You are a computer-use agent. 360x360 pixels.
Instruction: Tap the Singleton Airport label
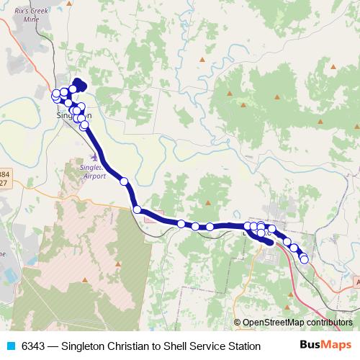pyautogui.click(x=89, y=170)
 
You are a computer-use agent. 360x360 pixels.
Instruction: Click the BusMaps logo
pyautogui.click(x=328, y=346)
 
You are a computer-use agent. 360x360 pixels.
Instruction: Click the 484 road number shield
pyautogui.click(x=6, y=174)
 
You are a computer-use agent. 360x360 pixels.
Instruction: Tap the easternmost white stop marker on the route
pyautogui.click(x=305, y=258)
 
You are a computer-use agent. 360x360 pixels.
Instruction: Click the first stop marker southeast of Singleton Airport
pyautogui.click(x=124, y=181)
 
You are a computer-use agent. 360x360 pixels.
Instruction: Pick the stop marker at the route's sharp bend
pyautogui.click(x=137, y=210)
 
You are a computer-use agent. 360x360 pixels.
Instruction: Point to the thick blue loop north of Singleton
pyautogui.click(x=77, y=86)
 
